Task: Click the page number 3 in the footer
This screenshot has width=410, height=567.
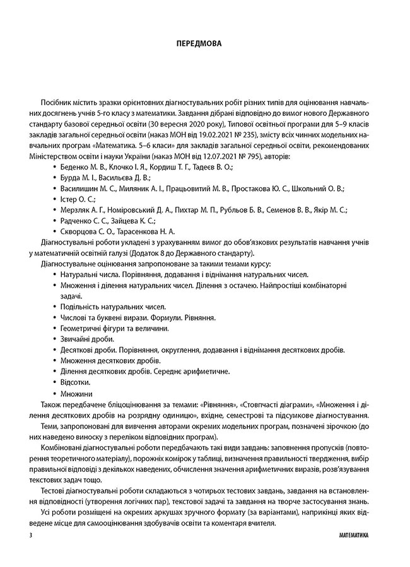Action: coord(31,534)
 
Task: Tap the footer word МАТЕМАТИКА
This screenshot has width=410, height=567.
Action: coord(350,534)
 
